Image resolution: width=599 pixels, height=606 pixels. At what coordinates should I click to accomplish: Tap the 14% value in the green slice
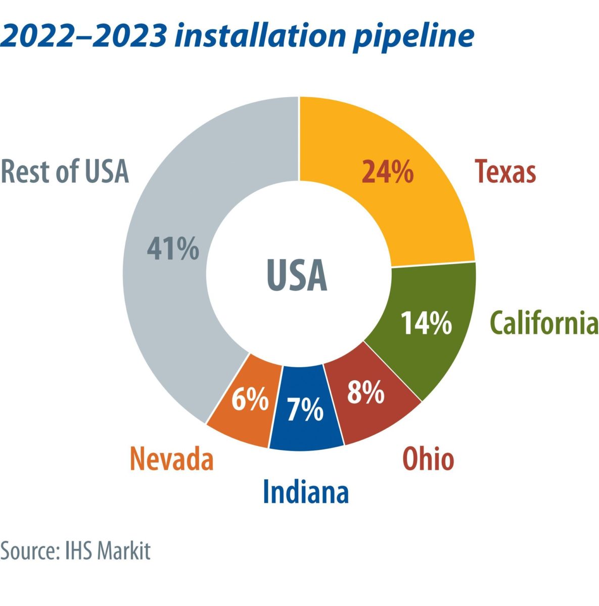[x=426, y=323]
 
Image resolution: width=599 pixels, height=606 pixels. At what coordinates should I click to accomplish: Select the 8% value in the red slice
[x=365, y=392]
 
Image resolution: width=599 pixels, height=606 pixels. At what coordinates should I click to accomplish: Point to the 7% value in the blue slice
[x=305, y=410]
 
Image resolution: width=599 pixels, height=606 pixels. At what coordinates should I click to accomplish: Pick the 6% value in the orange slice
[x=250, y=400]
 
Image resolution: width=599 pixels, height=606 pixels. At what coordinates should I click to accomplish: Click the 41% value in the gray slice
[x=173, y=249]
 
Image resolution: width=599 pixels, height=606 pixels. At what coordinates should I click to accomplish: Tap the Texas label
[x=505, y=172]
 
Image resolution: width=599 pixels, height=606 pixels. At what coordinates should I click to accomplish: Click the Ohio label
[x=428, y=460]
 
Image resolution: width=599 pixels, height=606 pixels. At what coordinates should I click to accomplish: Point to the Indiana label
[x=306, y=492]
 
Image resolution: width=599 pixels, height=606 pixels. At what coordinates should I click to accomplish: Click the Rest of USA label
[x=65, y=172]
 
